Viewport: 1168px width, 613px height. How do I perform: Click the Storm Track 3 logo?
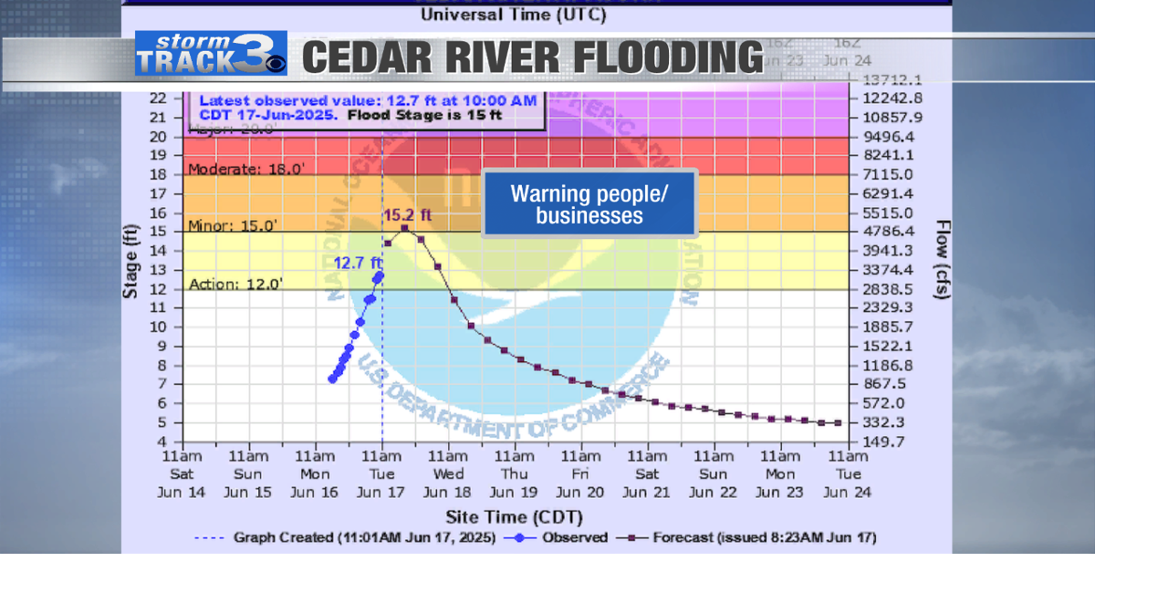pyautogui.click(x=211, y=53)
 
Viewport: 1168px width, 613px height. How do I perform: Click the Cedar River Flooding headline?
pyautogui.click(x=532, y=57)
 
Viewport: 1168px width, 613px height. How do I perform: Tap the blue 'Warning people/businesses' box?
pyautogui.click(x=589, y=204)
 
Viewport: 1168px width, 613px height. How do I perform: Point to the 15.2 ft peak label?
pyautogui.click(x=407, y=215)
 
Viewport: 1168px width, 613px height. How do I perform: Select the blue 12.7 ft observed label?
pyautogui.click(x=357, y=263)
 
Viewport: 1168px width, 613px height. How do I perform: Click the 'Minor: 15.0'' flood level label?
pyautogui.click(x=233, y=226)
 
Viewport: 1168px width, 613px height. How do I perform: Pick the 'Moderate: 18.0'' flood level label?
pyautogui.click(x=245, y=169)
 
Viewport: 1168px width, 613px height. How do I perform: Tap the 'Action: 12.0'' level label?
pyautogui.click(x=235, y=284)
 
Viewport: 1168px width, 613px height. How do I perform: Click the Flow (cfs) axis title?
pyautogui.click(x=943, y=260)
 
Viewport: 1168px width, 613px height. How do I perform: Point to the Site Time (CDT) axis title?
pyautogui.click(x=514, y=517)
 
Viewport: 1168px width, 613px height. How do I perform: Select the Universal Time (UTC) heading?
pyautogui.click(x=513, y=15)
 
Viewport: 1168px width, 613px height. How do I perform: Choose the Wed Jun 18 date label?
pyautogui.click(x=448, y=474)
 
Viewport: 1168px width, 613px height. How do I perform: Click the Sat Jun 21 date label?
pyautogui.click(x=647, y=474)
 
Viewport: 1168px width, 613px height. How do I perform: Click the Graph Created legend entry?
pyautogui.click(x=364, y=537)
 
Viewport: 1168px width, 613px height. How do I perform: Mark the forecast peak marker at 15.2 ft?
pyautogui.click(x=404, y=228)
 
